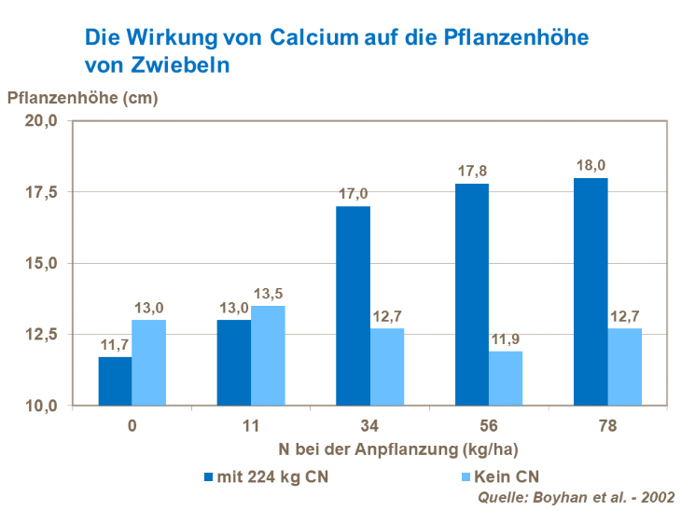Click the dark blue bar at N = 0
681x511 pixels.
[116, 381]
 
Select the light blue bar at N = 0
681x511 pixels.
[149, 363]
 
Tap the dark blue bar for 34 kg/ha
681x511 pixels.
[353, 306]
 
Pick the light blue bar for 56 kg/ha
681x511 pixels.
[505, 378]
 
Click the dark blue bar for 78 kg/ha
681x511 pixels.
[591, 292]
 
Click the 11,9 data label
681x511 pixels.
[506, 338]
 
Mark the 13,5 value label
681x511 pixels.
[269, 293]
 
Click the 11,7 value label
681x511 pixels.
[115, 344]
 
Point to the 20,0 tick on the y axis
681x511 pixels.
[46, 120]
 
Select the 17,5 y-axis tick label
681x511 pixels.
[46, 192]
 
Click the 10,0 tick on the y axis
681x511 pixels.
[46, 406]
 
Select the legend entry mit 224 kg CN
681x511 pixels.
[265, 477]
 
